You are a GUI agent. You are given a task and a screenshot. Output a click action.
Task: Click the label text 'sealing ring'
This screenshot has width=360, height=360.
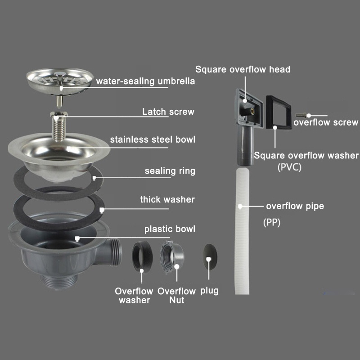coord(170,171)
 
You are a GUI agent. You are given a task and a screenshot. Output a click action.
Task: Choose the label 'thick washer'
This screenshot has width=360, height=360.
coord(167,199)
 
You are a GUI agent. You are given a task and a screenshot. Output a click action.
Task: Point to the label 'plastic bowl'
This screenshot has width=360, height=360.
coord(170,229)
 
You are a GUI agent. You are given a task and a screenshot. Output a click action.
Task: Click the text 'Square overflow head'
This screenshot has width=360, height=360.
coord(242,70)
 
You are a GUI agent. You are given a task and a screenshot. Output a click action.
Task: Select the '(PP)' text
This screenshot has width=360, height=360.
coord(271,222)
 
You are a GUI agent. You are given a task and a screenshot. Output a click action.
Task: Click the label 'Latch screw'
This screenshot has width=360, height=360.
coord(168,112)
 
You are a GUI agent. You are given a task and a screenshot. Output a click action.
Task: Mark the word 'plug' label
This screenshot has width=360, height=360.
coord(209,291)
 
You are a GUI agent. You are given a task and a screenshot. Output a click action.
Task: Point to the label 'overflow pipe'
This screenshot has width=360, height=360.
coord(295,207)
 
